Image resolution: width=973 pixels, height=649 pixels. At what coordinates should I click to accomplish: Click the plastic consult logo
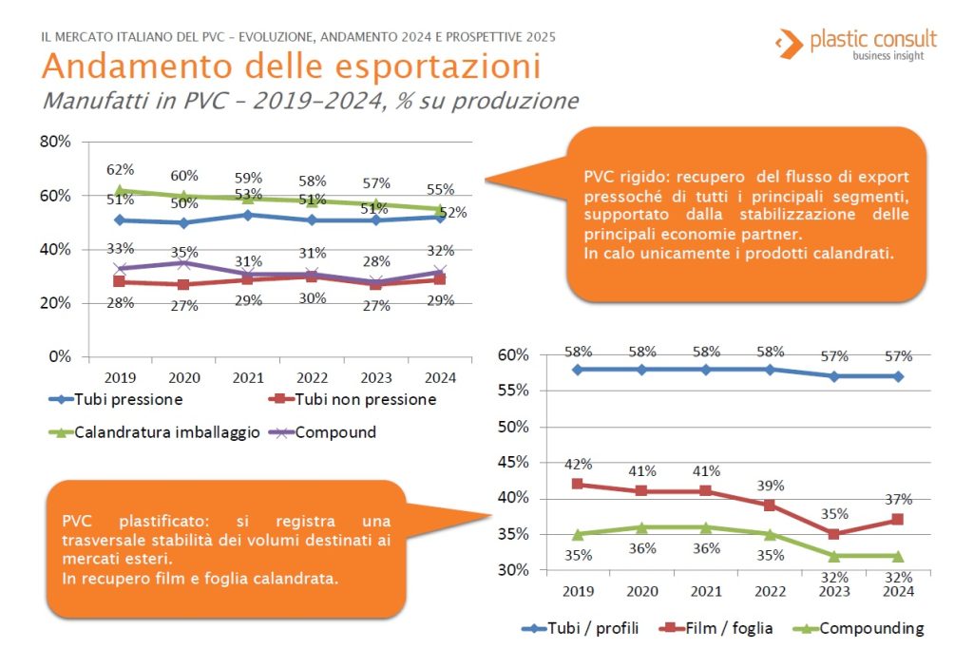pos(855,43)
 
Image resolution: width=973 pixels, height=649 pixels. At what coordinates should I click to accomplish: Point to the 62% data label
pos(119,170)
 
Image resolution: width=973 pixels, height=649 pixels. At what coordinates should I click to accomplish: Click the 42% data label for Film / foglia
pos(578,465)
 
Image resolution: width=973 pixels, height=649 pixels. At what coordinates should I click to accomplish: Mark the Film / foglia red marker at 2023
pos(833,534)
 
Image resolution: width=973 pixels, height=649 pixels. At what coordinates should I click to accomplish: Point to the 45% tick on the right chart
pos(513,463)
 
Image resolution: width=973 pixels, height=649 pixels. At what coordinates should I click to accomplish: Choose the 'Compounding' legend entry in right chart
pos(870,628)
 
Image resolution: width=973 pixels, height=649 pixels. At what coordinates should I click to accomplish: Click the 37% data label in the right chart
pos(898,500)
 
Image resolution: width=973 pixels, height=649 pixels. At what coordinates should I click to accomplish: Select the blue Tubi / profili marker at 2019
pos(578,369)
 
